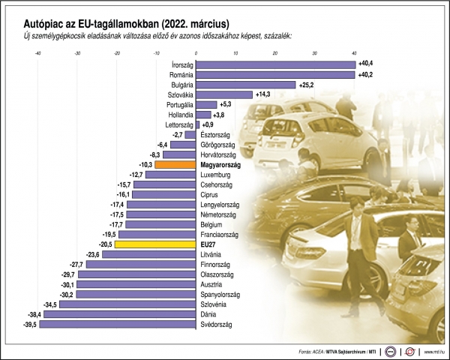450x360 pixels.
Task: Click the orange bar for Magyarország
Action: (x=175, y=163)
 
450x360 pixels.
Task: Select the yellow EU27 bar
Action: (x=155, y=244)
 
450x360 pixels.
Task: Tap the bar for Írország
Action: (x=275, y=64)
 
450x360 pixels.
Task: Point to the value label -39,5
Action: (x=29, y=325)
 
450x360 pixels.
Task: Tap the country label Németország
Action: (x=219, y=214)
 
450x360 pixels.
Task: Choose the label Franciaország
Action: (x=221, y=235)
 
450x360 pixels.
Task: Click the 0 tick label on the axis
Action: (x=196, y=53)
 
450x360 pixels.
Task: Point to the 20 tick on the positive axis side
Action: (x=275, y=53)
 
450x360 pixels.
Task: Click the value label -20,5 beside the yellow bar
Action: (x=104, y=244)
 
